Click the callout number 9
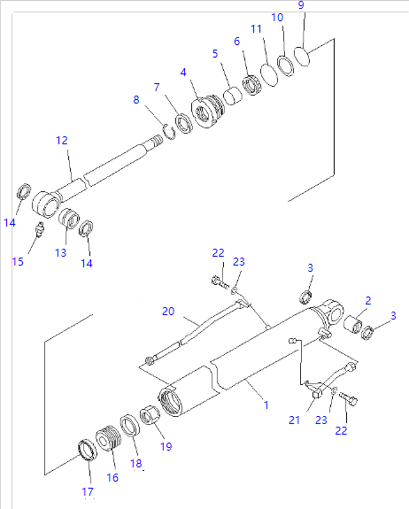coord(301,5)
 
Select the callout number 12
coord(62,140)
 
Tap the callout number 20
coord(168,311)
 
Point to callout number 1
coord(266,405)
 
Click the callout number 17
coord(88,491)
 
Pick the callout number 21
coord(294,420)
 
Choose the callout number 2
coord(367,301)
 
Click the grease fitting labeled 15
coord(39,229)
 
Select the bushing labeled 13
coord(69,219)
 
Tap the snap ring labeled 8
coord(169,132)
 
